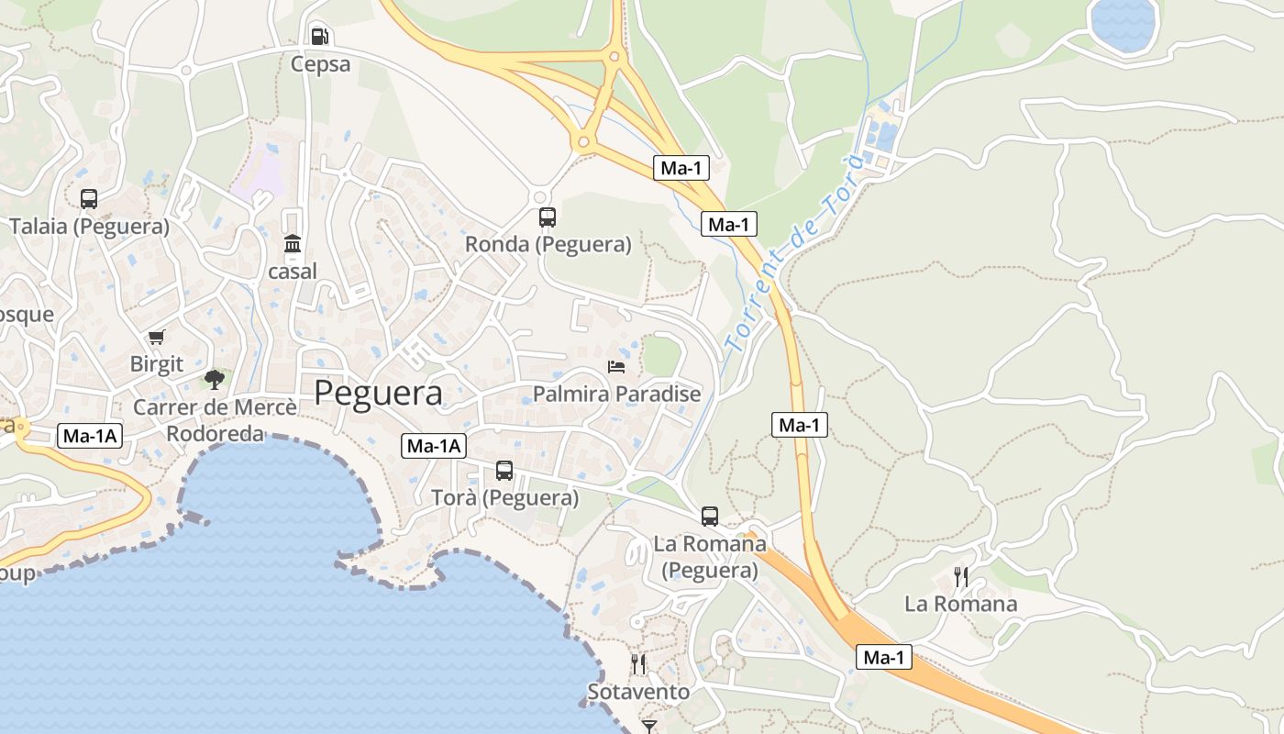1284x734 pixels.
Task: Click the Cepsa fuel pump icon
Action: click(319, 37)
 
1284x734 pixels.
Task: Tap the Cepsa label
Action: click(320, 64)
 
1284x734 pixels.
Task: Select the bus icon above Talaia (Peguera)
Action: click(89, 199)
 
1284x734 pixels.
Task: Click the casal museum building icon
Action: click(293, 244)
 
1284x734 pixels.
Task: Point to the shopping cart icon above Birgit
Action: click(156, 338)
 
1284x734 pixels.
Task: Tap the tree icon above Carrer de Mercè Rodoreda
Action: click(215, 379)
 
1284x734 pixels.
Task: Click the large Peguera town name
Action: click(378, 393)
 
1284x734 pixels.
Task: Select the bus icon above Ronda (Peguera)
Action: click(548, 217)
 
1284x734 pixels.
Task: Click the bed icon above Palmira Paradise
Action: click(616, 367)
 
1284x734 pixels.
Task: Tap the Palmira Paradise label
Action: click(617, 395)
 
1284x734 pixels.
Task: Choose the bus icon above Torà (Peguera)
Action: click(504, 471)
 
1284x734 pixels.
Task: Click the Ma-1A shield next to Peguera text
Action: click(434, 447)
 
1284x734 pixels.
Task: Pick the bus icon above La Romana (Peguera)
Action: click(710, 517)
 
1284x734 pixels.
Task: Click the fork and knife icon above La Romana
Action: click(960, 577)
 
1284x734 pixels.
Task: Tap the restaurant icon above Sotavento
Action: click(638, 663)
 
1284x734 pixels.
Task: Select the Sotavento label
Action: click(638, 692)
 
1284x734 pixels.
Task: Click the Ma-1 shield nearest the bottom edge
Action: click(884, 657)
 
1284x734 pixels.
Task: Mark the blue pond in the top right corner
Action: click(1123, 25)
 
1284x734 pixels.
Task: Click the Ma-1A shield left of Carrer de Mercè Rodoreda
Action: click(90, 436)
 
